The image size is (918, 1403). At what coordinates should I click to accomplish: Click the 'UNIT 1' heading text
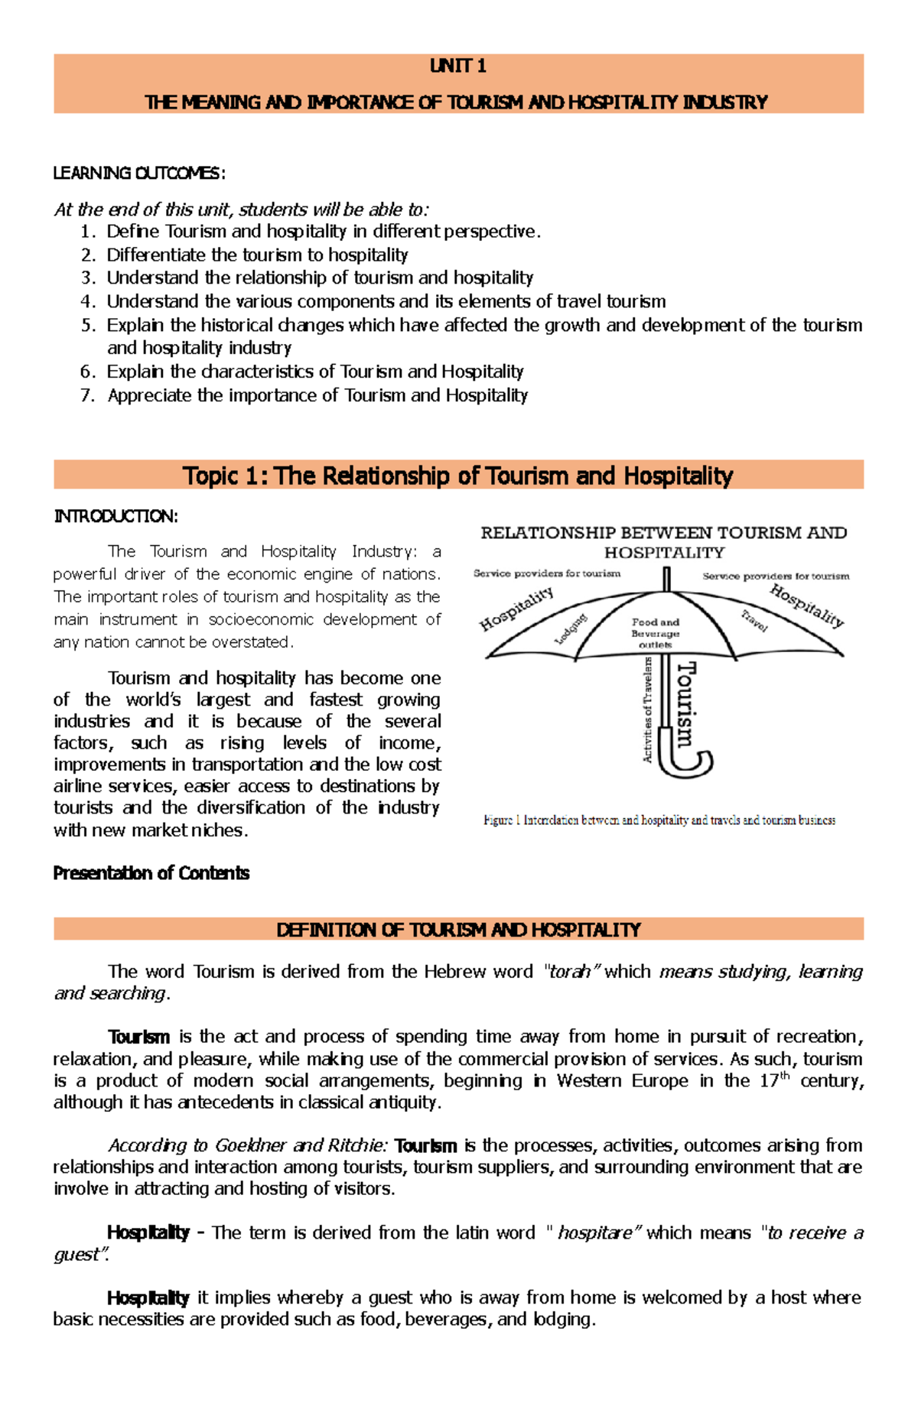[457, 67]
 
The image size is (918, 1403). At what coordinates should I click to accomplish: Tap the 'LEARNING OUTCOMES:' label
[139, 174]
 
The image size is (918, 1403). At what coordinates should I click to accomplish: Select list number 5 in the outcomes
[88, 326]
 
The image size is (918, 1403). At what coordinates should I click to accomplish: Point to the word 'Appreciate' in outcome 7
[149, 396]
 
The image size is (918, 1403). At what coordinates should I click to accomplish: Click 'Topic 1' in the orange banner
[221, 476]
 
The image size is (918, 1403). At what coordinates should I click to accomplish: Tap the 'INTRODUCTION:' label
[116, 517]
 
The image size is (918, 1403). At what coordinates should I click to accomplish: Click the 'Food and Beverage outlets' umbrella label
[655, 633]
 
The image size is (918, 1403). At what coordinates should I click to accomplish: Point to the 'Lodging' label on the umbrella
[570, 628]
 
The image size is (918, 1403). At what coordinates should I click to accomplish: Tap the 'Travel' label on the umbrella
[754, 621]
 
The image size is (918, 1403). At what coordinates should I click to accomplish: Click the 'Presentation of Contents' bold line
[151, 873]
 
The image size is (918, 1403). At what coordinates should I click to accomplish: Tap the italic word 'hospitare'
[594, 1232]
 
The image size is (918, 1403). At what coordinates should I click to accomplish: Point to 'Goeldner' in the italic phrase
[250, 1145]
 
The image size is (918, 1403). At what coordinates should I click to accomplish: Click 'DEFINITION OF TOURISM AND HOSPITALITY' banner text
[458, 930]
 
